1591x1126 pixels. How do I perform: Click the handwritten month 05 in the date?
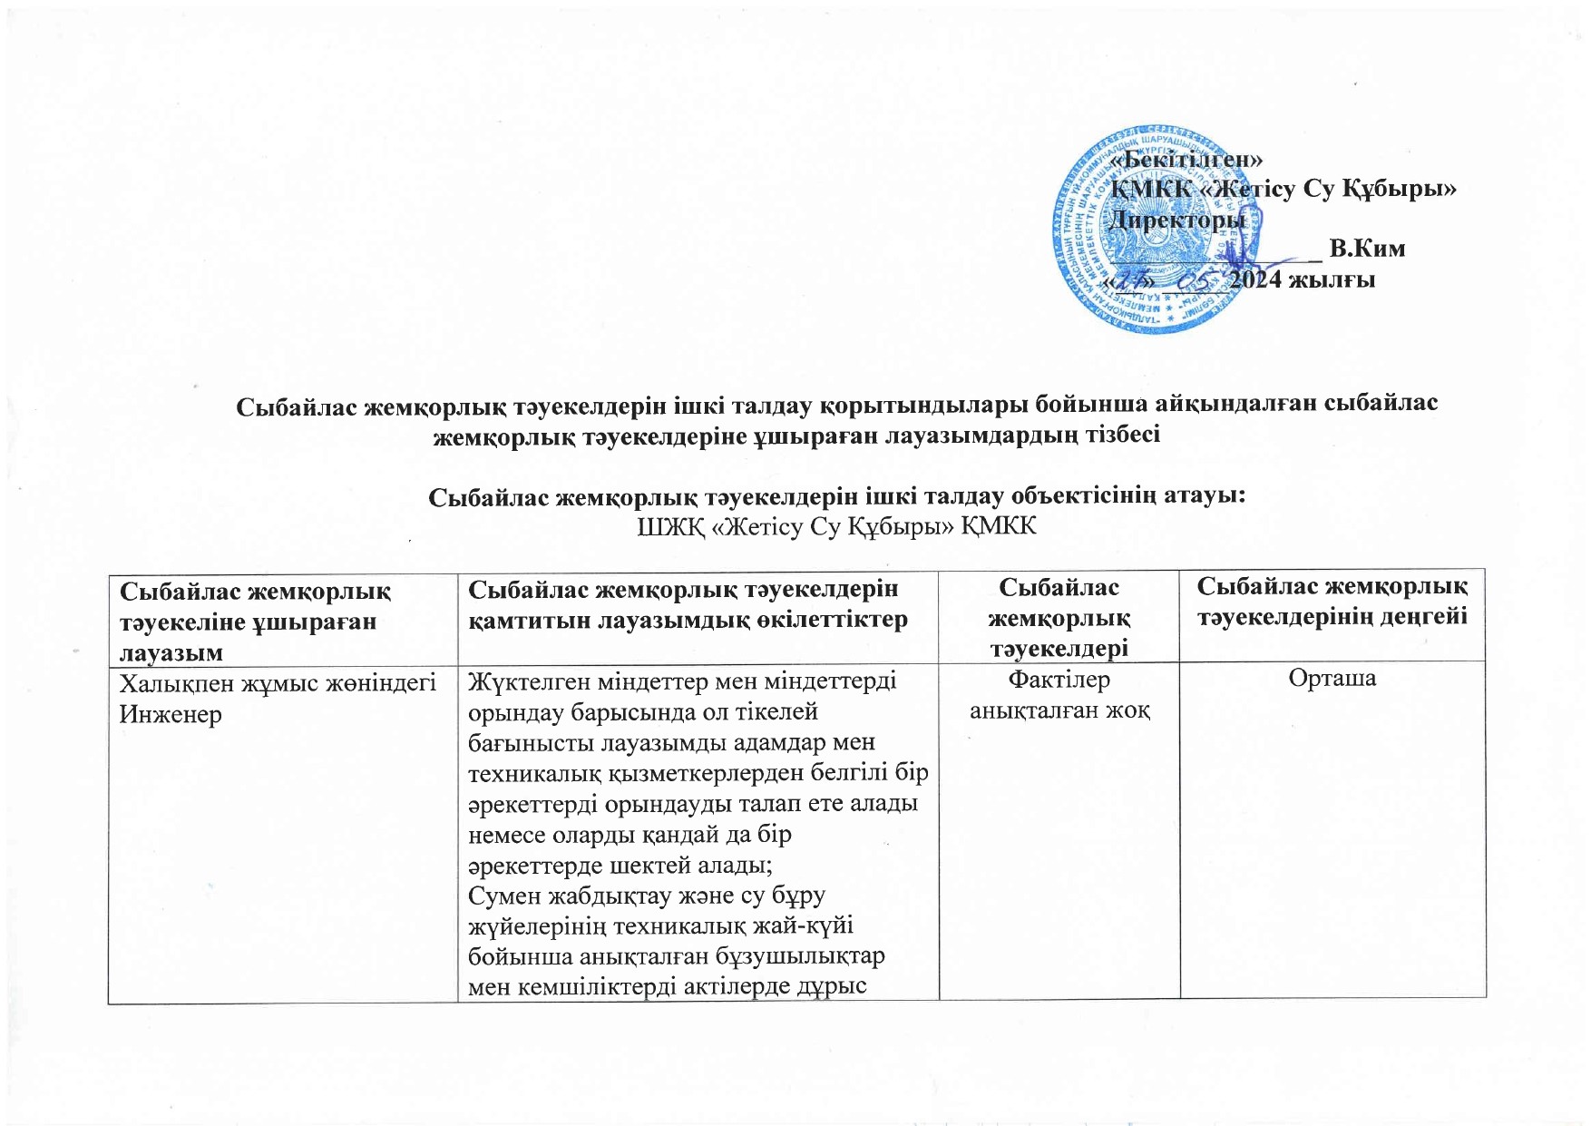pos(1199,279)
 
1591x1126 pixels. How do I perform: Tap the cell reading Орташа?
pos(1332,679)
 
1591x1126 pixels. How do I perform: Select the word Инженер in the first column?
pos(171,715)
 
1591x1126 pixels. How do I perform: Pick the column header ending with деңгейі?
pos(1332,602)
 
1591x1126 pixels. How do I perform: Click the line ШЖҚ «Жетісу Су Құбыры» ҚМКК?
pos(837,527)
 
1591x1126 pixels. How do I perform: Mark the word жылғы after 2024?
pos(1338,279)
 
